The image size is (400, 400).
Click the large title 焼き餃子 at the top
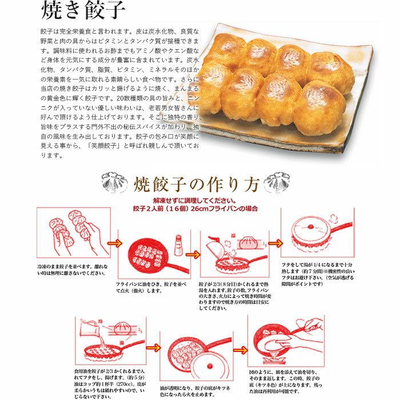point(83,11)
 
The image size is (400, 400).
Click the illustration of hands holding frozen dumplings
point(72,231)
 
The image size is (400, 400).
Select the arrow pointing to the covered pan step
point(274,242)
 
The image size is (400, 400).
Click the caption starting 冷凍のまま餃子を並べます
point(71,270)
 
